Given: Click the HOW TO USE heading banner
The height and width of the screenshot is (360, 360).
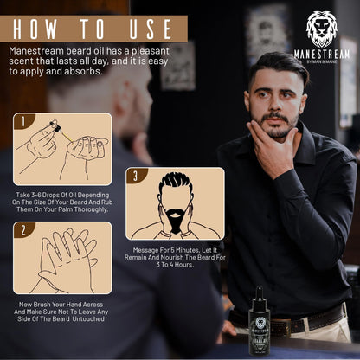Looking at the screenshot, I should click(x=93, y=28).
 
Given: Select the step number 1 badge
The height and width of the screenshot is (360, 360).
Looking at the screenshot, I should click(x=22, y=122).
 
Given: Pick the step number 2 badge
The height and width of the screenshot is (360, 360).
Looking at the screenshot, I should click(x=22, y=231).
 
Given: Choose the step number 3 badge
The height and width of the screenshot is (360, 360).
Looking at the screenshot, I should click(x=132, y=177).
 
